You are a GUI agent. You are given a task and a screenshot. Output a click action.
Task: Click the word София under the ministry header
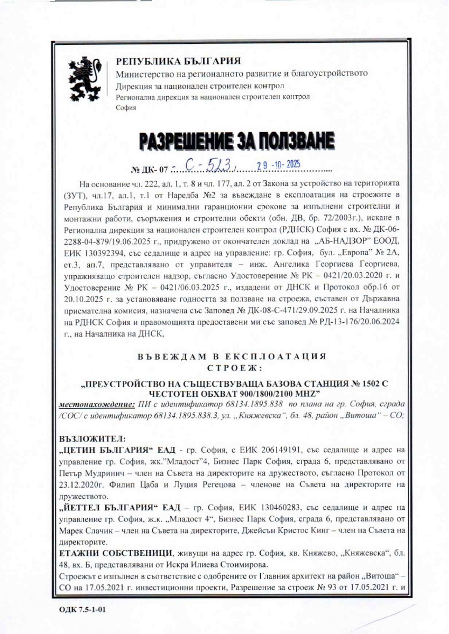[126, 107]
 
